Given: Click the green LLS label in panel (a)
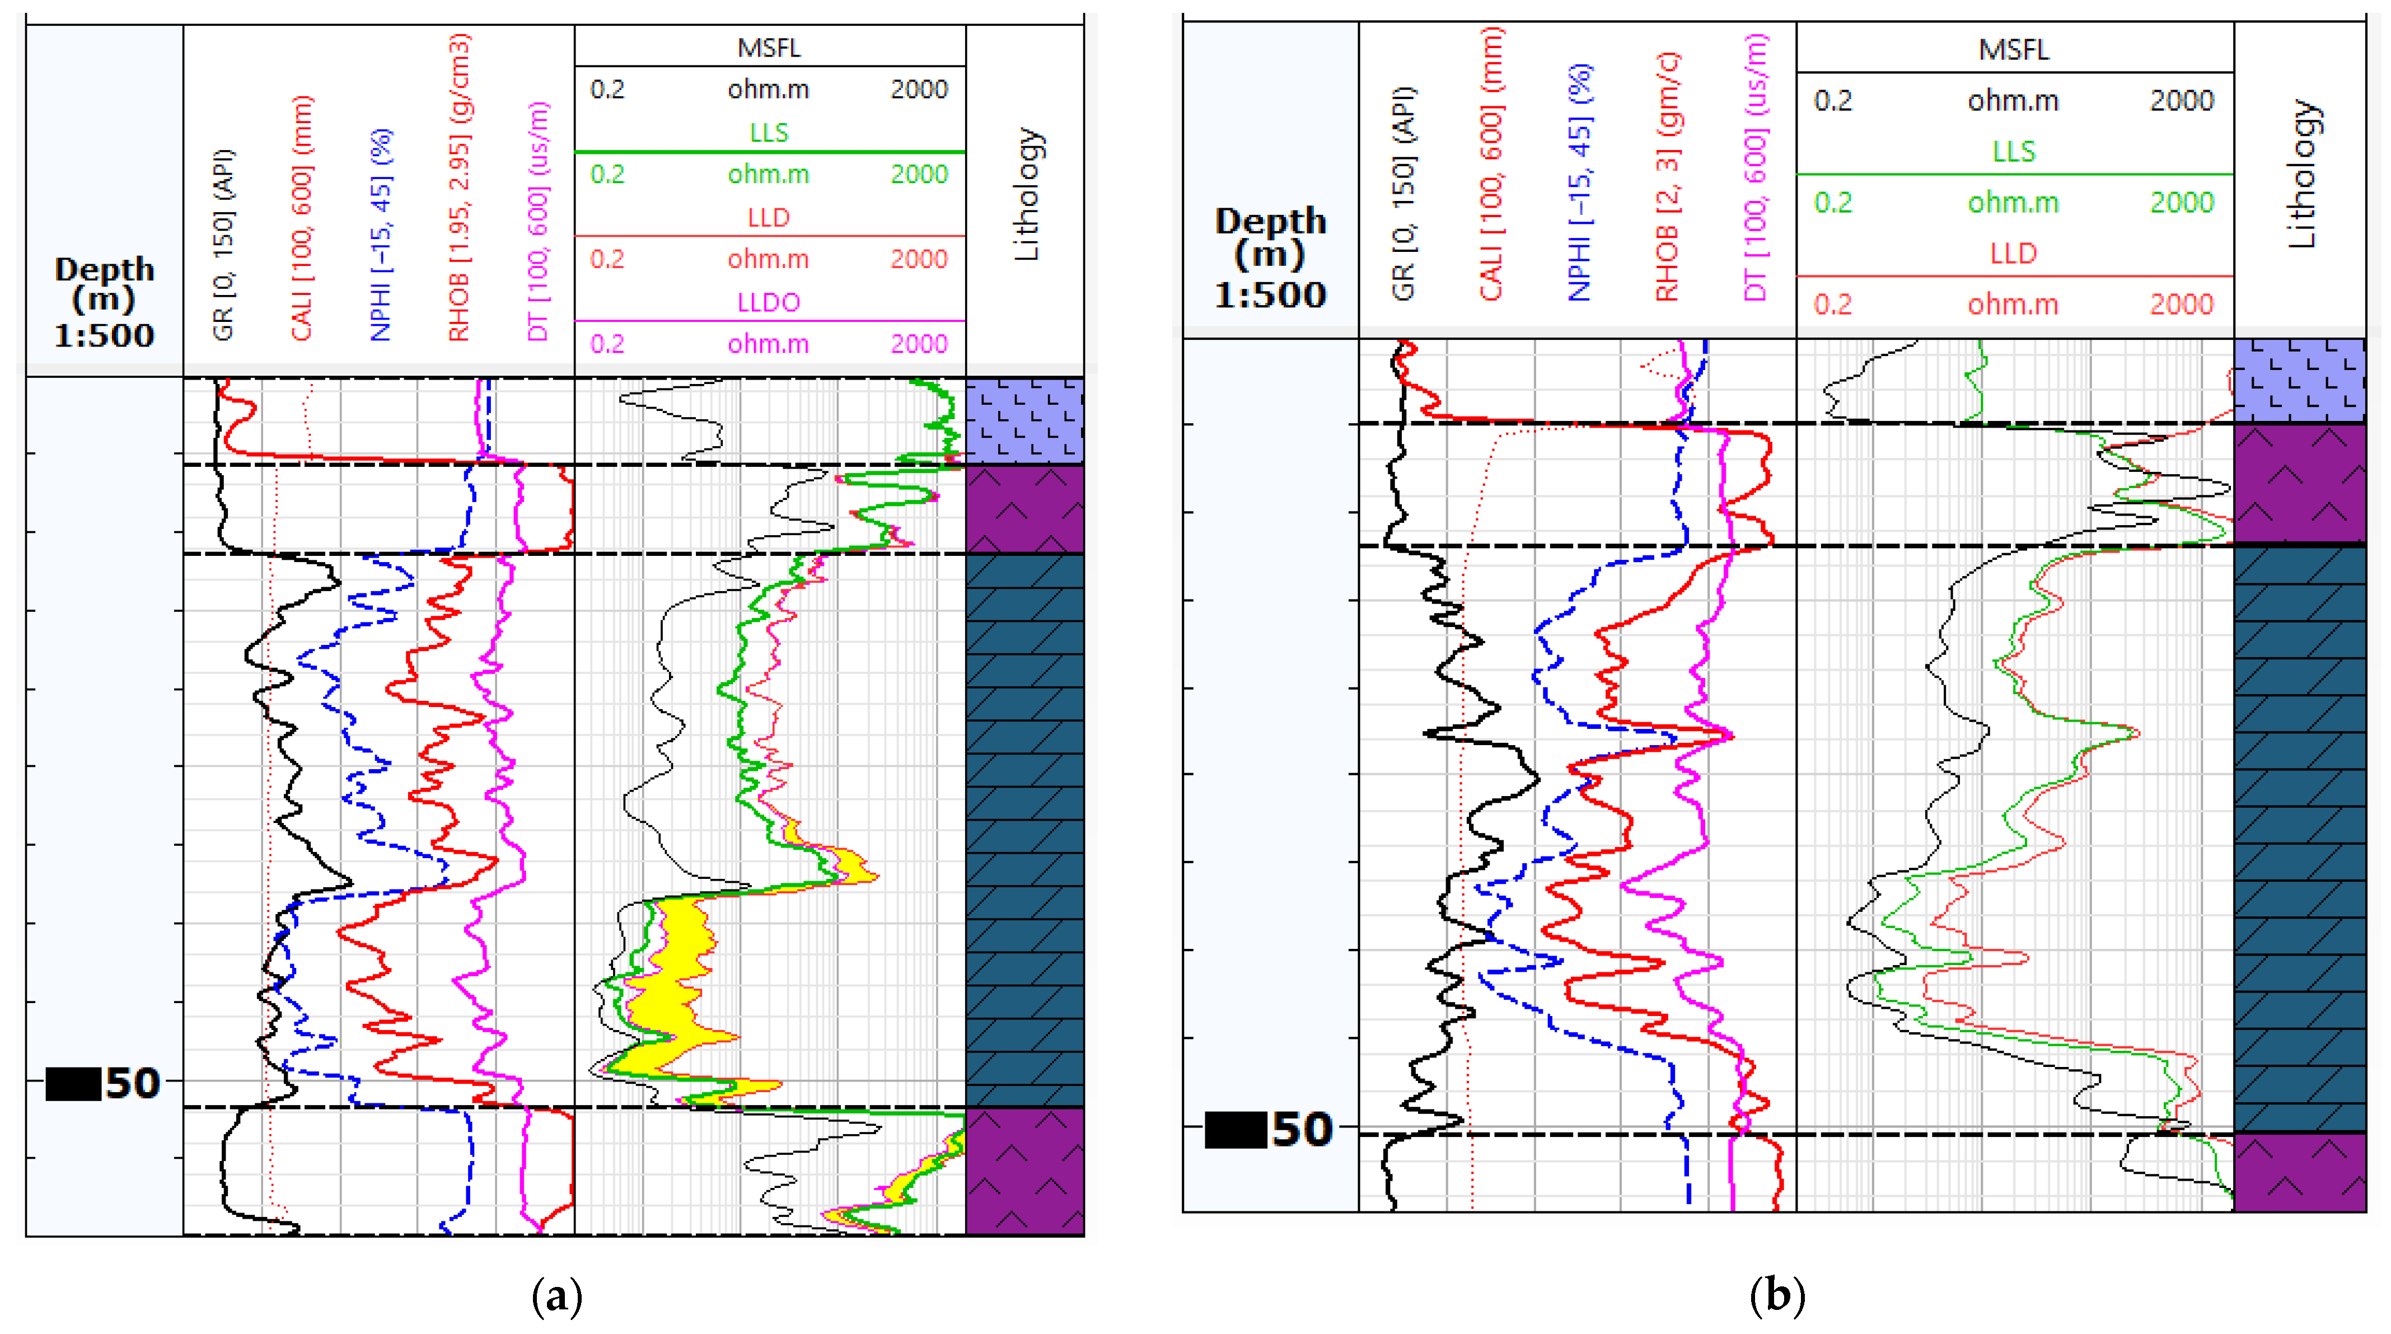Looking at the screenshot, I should click(769, 133).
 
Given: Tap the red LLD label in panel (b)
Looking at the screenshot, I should click(2013, 254).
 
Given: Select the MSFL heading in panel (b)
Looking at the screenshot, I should click(2013, 49).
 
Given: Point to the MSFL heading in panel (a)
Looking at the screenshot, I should click(769, 48).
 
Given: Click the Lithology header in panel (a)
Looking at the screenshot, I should click(1027, 195).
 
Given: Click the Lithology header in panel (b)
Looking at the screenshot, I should click(2302, 175).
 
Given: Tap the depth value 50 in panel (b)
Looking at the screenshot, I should click(1302, 1130).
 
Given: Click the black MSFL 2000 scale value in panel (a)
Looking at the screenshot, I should click(918, 90).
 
